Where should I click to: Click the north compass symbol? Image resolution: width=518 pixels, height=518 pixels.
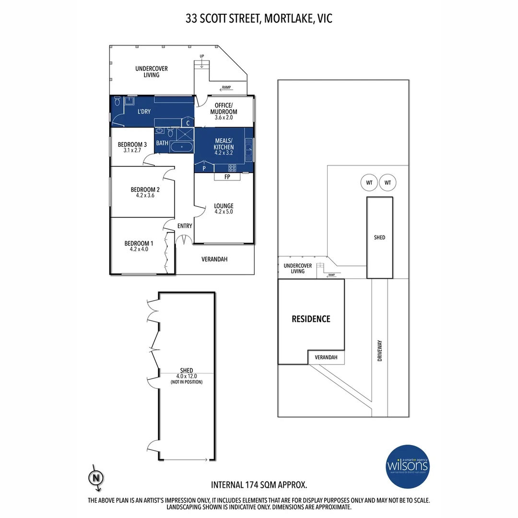click(96, 477)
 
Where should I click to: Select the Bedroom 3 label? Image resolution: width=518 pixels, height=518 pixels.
click(132, 147)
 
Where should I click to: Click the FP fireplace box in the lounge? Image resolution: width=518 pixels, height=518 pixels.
click(227, 177)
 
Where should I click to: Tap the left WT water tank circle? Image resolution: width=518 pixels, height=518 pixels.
click(368, 183)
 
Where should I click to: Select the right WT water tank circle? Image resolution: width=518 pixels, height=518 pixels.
click(387, 183)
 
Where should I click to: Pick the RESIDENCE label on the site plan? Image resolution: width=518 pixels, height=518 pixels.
click(311, 319)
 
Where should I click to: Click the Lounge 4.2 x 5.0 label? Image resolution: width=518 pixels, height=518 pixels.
click(224, 209)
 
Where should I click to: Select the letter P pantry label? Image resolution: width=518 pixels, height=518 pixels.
click(204, 168)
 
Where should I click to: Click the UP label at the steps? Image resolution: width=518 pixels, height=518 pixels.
click(202, 57)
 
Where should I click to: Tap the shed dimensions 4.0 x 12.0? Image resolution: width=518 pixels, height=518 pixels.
click(187, 377)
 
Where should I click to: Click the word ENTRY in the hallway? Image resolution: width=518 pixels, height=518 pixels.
click(185, 226)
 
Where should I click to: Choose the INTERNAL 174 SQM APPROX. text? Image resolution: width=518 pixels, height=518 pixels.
click(259, 485)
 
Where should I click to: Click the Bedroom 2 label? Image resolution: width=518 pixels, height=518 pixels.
click(145, 192)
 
